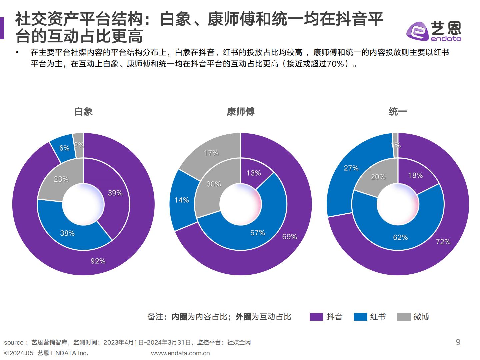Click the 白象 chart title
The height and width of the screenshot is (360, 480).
pos(83,111)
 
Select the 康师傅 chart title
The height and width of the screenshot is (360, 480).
pos(240,111)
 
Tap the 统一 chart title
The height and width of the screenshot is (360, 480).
pos(398,111)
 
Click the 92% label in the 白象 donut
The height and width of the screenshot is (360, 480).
pos(98,261)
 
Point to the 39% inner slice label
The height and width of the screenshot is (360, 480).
pos(115,193)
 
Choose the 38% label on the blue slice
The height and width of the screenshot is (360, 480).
pos(67,233)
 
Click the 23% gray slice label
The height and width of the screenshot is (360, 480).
pos(61,179)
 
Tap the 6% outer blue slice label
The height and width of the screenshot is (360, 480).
pos(64,148)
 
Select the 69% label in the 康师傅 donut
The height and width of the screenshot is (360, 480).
pos(289,237)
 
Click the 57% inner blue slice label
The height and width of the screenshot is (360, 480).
pos(258,233)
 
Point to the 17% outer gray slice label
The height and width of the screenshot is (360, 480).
pos(211,153)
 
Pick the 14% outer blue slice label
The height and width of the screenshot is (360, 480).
pos(182,200)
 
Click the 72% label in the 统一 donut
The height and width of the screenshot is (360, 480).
pos(443,241)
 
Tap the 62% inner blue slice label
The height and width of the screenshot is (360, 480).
pos(400,237)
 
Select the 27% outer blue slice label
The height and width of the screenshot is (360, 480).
pos(351,168)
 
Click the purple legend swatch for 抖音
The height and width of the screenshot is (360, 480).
pos(316,317)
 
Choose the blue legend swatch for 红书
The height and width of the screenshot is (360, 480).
pos(360,317)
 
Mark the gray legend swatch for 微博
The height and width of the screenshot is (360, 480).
pos(404,317)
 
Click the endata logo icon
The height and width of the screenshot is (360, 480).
pos(417,31)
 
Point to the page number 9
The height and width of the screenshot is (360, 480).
pos(458,342)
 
